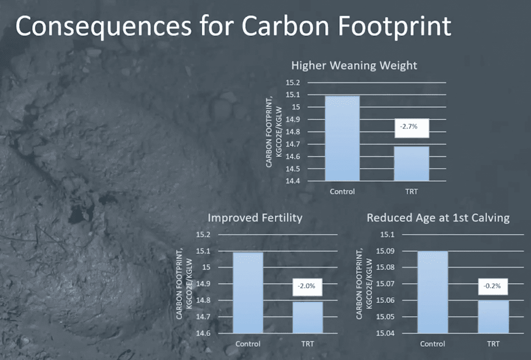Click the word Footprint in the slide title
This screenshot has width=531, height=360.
coord(395,26)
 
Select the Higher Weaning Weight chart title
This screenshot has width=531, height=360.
coord(354,65)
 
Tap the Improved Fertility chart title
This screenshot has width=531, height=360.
coord(255,217)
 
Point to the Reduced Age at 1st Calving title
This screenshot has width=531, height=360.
coord(438,217)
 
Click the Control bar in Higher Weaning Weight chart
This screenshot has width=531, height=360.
coord(342,138)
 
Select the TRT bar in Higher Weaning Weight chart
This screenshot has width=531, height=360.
coord(411,163)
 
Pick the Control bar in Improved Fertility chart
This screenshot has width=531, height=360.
coord(248,293)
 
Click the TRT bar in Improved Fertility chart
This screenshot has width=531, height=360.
coord(308,317)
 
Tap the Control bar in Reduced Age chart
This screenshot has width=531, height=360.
coord(433,292)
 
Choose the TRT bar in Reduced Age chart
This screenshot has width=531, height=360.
coord(494,316)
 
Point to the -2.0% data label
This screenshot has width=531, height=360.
coord(307,287)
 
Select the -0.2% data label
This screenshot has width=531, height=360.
coord(493,287)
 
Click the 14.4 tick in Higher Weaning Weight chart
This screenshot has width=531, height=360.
coord(292,181)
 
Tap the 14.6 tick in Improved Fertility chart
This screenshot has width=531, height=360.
coord(203,333)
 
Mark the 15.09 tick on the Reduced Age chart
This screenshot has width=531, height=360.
coord(385,251)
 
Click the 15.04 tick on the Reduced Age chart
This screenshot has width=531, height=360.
coord(385,333)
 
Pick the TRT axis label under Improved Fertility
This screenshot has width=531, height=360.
coord(308,344)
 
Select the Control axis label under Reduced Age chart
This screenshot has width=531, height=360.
coord(432,344)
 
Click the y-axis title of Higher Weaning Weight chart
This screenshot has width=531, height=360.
coord(274,132)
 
